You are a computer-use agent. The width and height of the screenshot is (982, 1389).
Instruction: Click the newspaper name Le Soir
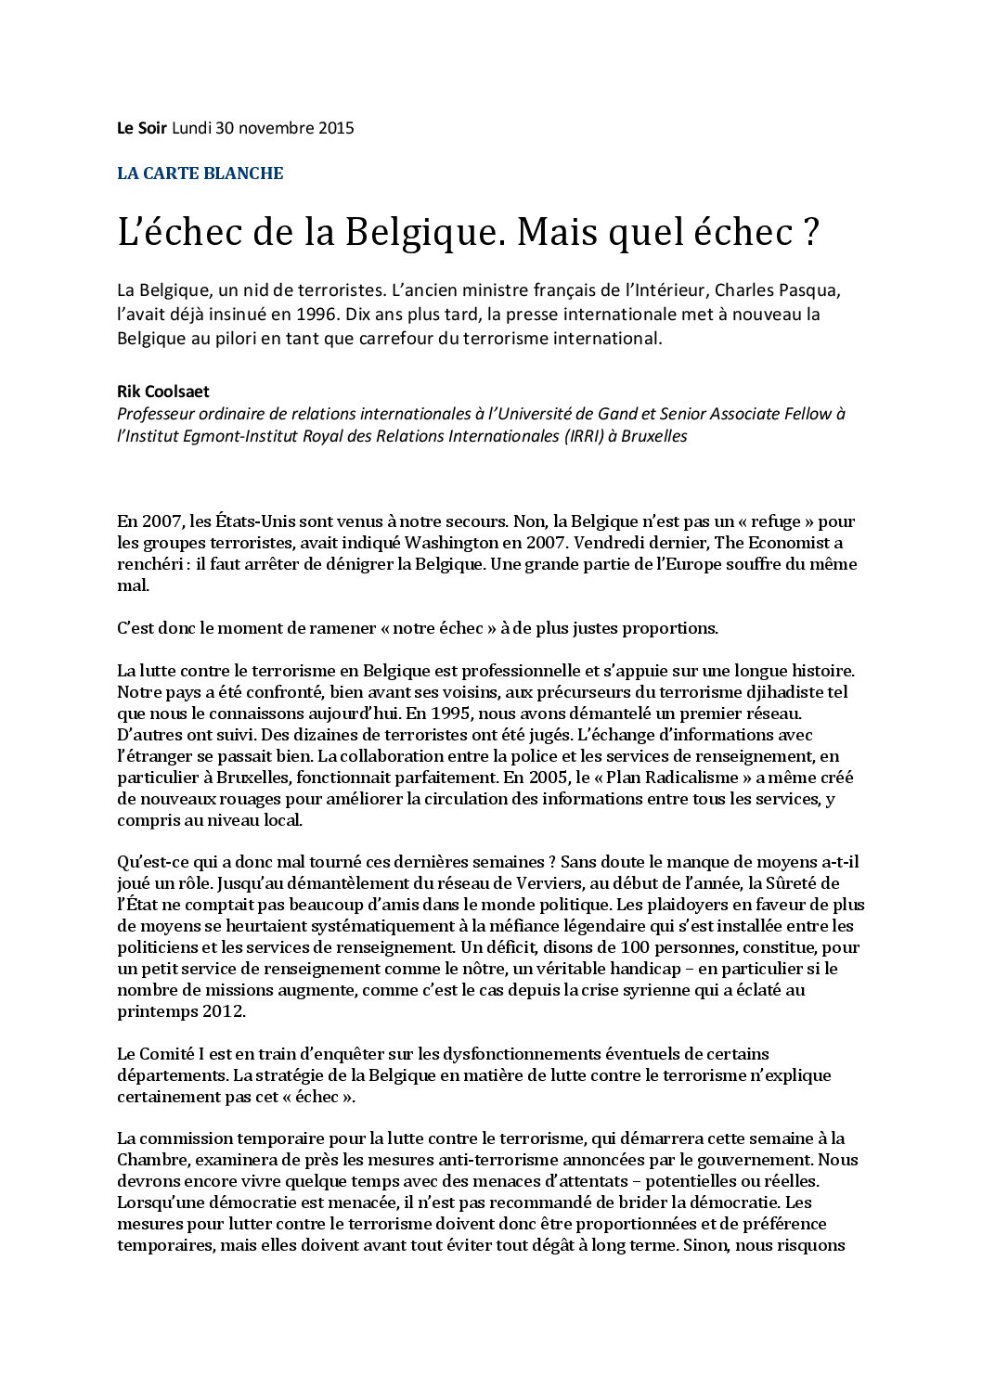142,128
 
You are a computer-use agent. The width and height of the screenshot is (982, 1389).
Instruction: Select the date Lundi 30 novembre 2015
263,128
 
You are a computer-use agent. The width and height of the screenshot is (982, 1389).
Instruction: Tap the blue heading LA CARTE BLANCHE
200,174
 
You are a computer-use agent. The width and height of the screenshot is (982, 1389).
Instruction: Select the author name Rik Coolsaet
162,392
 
